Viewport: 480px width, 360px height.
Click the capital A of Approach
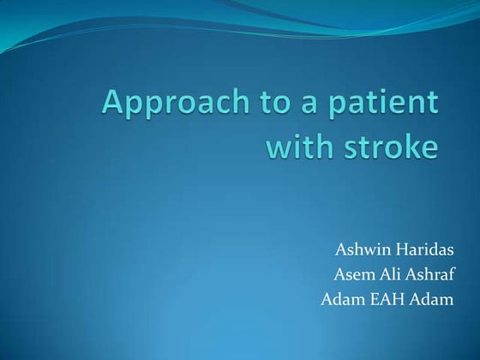click(115, 105)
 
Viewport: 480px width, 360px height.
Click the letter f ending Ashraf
click(452, 275)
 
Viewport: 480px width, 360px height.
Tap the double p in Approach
click(149, 110)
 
